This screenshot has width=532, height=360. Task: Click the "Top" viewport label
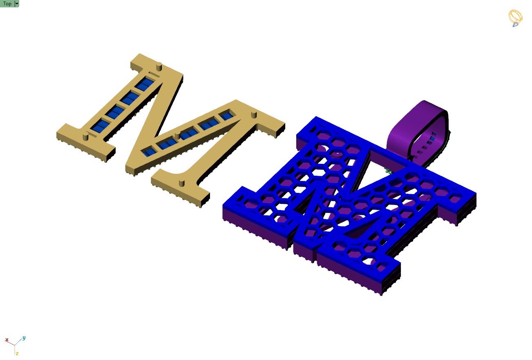click(x=7, y=4)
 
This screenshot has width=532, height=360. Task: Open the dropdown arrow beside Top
click(x=17, y=4)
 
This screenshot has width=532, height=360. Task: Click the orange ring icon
click(x=515, y=18)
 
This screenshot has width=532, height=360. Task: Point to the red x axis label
click(x=7, y=340)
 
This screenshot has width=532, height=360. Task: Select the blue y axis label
click(x=24, y=338)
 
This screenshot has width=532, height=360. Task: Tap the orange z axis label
click(x=17, y=353)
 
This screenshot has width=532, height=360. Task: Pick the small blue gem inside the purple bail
click(x=433, y=134)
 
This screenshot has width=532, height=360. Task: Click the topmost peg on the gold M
click(x=160, y=66)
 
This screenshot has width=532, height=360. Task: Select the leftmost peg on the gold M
click(x=85, y=136)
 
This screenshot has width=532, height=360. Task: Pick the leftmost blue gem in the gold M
click(x=97, y=127)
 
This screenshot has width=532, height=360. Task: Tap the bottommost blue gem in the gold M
click(x=150, y=152)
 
